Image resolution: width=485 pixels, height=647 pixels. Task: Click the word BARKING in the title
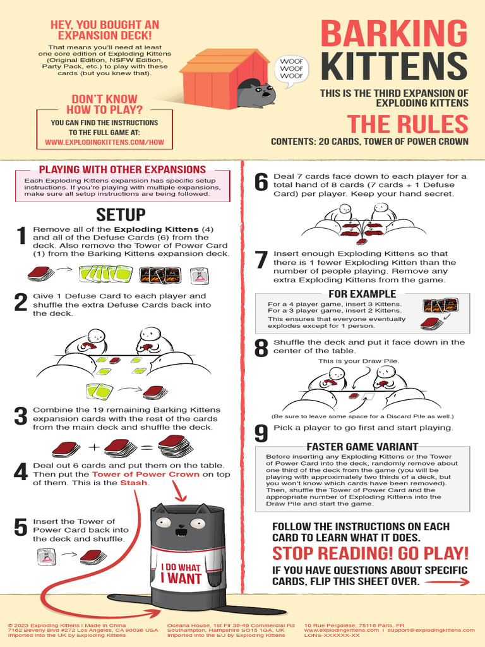pos(394,34)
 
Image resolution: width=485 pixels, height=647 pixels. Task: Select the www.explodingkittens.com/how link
pos(104,142)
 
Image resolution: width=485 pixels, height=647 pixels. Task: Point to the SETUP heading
pos(121,215)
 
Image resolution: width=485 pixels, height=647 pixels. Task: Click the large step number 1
pos(21,236)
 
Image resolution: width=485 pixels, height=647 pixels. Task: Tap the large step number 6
pos(261,183)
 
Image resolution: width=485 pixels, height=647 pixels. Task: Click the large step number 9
pos(261,433)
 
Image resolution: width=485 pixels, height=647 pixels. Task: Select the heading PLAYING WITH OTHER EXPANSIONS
pos(123,169)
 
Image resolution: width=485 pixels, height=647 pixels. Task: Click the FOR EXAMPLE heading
pos(362,294)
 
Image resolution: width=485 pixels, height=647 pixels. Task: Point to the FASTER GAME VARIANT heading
pos(362,447)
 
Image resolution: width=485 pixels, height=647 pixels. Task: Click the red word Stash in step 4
pos(134,483)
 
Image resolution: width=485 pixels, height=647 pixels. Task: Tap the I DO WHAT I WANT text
pos(181,574)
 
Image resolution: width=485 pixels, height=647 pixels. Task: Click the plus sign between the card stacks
pos(95,447)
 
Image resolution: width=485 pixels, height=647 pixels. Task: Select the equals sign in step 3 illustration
pos(147,448)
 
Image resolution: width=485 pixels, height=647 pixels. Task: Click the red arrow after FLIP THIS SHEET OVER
pos(447,582)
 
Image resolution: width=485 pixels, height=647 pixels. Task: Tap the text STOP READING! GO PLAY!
pos(370,553)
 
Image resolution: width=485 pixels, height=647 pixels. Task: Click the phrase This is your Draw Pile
pos(359,361)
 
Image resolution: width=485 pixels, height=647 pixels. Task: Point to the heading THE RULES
pos(407,124)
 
